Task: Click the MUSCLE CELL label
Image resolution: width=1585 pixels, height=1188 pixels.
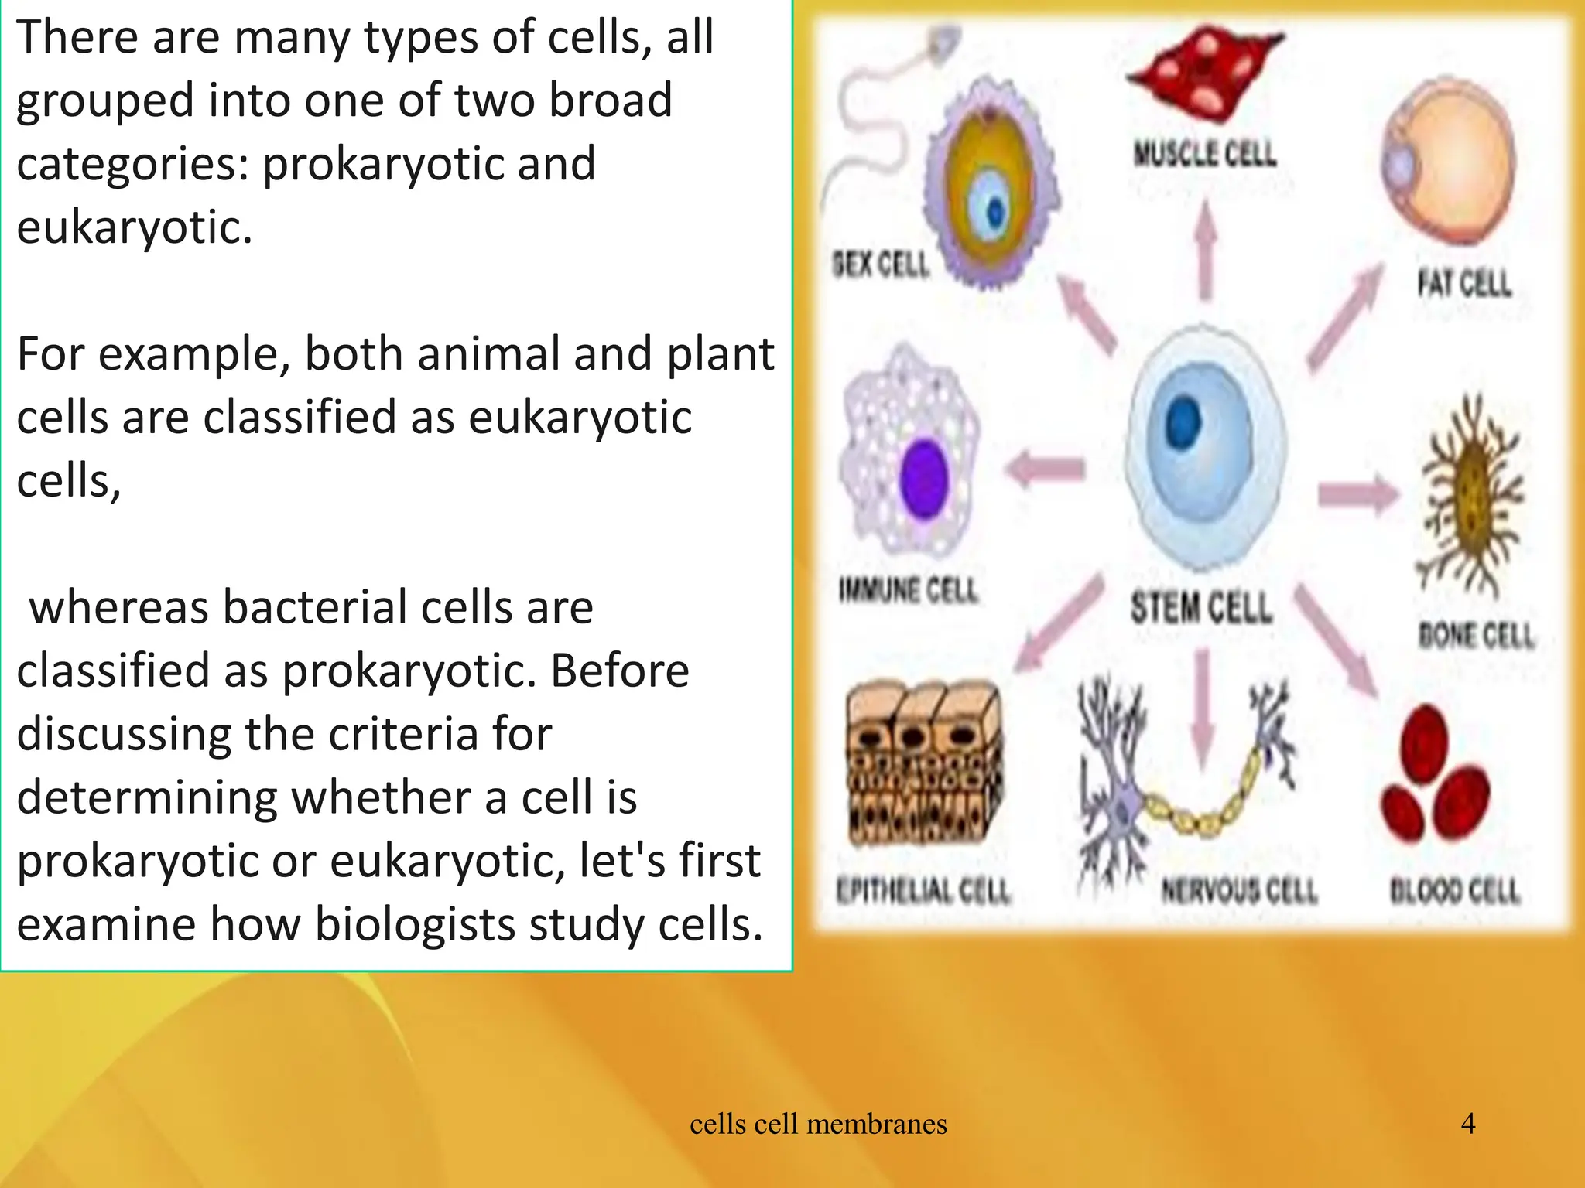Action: (x=1204, y=154)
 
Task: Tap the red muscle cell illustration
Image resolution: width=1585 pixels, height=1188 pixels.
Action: (x=1204, y=73)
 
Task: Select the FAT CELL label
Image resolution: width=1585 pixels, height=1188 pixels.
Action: (x=1463, y=283)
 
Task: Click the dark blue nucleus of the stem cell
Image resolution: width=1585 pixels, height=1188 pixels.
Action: (x=1183, y=423)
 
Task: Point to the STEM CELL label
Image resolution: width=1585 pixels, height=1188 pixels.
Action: (x=1201, y=607)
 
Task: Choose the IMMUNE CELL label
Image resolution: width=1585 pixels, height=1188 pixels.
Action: (x=909, y=592)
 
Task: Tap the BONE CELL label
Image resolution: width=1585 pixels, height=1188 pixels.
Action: (x=1475, y=636)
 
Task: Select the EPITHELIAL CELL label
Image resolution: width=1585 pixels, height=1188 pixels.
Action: (x=923, y=891)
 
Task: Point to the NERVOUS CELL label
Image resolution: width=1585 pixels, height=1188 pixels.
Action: (x=1238, y=891)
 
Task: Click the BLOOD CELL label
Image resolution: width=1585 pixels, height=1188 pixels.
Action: (x=1455, y=891)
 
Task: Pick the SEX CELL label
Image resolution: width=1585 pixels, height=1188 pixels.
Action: (x=881, y=265)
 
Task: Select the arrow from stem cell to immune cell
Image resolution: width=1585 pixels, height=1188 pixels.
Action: (x=1045, y=469)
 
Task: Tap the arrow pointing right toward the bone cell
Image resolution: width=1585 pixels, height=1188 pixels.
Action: (x=1358, y=493)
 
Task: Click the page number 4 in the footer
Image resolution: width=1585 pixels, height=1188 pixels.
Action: (x=1468, y=1123)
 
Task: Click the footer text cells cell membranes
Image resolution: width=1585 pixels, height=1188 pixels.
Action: (x=818, y=1124)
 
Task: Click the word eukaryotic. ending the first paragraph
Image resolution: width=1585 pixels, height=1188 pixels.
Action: (x=135, y=227)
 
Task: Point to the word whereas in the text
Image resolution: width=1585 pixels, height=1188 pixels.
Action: (x=119, y=607)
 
